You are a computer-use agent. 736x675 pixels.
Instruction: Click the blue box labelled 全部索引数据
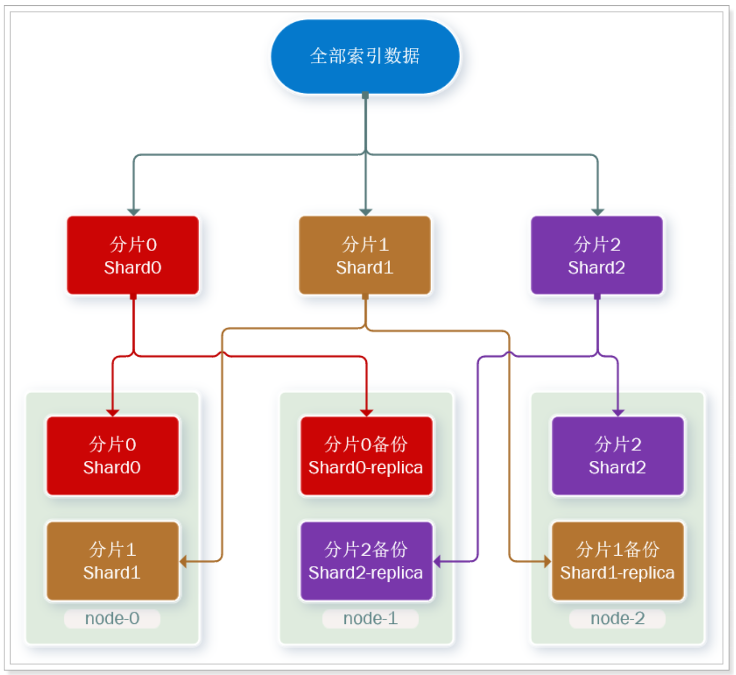pos(365,56)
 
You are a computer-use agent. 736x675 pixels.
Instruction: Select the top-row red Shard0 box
pos(133,255)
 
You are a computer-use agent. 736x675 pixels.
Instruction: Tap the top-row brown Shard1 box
pos(365,255)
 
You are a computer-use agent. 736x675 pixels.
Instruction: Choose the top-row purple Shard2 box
pos(597,255)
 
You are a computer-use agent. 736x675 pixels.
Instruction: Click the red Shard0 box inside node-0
pos(113,456)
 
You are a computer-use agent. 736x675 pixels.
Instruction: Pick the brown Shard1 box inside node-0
pos(113,561)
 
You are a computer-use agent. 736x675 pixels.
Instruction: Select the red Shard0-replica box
pos(366,456)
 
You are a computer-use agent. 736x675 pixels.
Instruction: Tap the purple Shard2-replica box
pos(366,561)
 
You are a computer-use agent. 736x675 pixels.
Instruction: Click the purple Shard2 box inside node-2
pos(618,456)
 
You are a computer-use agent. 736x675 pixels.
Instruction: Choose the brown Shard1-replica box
pos(618,561)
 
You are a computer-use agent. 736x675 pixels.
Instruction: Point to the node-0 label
pos(113,619)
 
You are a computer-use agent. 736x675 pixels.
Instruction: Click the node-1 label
pos(371,619)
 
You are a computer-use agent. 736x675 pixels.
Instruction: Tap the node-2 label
pos(618,619)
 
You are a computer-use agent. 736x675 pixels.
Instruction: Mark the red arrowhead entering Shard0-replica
pos(366,413)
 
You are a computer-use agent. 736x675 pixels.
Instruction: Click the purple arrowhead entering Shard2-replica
pos(437,561)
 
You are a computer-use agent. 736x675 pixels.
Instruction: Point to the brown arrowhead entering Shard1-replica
pos(547,561)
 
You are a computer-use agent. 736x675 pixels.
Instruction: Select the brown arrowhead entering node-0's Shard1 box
pos(183,561)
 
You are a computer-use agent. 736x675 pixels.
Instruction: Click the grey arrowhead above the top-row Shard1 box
pos(365,212)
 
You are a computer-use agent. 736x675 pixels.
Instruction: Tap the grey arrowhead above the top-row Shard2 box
pos(597,212)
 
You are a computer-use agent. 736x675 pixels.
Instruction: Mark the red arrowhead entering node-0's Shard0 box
pos(113,413)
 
